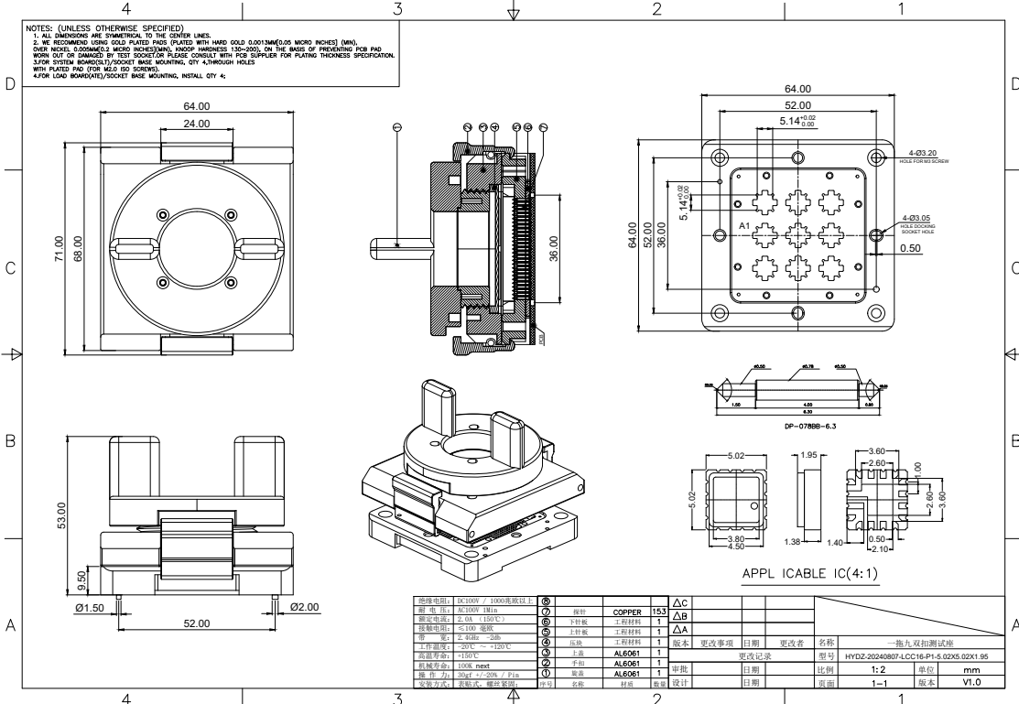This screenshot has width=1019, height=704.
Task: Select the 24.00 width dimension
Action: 196,124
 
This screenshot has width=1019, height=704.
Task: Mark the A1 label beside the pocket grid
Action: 744,224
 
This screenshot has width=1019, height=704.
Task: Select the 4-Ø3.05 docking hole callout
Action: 917,218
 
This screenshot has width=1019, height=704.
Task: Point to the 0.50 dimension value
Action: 910,248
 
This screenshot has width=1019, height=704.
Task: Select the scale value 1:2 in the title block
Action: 851,669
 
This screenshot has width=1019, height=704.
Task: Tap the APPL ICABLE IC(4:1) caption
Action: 820,573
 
